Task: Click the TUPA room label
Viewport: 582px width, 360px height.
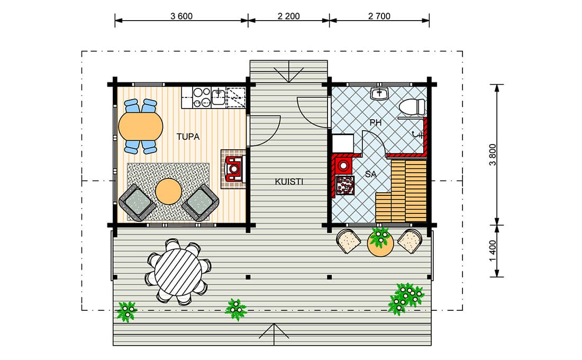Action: [188, 137]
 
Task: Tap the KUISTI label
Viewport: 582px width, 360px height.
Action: [289, 182]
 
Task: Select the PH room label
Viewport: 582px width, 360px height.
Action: [376, 123]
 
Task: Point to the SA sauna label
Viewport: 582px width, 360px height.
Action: [371, 174]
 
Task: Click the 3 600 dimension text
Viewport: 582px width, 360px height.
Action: [181, 16]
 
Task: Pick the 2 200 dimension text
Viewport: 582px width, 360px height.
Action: [289, 16]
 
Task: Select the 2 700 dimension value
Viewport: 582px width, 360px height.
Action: [379, 16]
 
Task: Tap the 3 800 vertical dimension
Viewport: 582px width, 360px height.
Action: [493, 155]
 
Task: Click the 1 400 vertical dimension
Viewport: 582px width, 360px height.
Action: [493, 251]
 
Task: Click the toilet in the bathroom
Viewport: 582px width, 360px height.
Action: [412, 106]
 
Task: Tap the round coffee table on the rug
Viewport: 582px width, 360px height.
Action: [168, 191]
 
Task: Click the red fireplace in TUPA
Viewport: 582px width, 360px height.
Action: [234, 169]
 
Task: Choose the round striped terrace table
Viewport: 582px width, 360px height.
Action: [178, 272]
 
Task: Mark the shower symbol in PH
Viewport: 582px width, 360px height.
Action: [419, 135]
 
